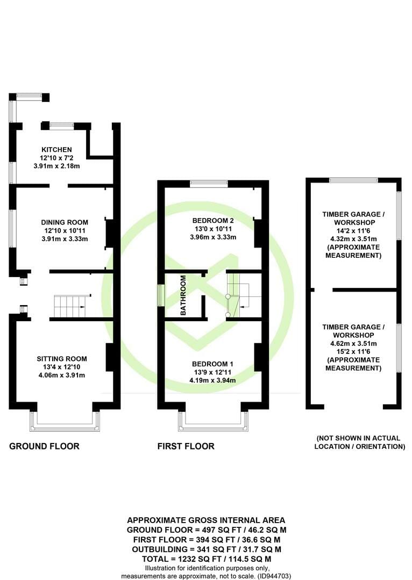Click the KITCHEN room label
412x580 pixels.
tap(56, 150)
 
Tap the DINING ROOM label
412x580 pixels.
tap(65, 222)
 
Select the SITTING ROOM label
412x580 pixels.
tap(62, 359)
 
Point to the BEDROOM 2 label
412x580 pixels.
tap(213, 221)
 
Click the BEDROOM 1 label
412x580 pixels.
tap(212, 364)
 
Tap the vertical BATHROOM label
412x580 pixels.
tap(183, 295)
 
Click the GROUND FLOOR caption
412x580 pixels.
tap(44, 446)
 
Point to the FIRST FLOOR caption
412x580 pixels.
tap(186, 446)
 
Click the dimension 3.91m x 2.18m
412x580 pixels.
tap(56, 166)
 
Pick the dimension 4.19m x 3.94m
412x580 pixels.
tap(212, 380)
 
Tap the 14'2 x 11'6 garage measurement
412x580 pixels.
tap(353, 230)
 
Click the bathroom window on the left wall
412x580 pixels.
tap(160, 295)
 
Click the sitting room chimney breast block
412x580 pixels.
tap(111, 357)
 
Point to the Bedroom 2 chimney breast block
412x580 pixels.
tap(259, 234)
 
